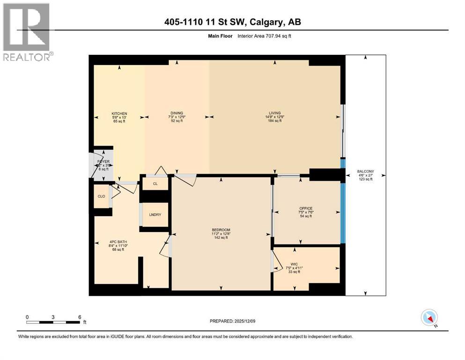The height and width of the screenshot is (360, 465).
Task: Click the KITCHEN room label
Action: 119,113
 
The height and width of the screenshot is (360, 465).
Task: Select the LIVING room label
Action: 275,113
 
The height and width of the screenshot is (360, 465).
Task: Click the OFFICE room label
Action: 306,209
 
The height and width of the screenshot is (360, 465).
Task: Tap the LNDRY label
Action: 155,215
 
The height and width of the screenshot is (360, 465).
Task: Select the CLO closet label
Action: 101,197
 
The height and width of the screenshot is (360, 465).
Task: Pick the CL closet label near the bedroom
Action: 155,184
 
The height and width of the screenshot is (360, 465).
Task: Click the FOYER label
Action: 103,162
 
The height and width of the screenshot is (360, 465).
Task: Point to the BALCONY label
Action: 365,172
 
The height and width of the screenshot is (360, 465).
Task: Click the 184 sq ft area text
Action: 275,121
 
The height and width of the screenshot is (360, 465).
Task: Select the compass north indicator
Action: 429,318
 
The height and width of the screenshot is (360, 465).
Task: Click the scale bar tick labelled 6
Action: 79,317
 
